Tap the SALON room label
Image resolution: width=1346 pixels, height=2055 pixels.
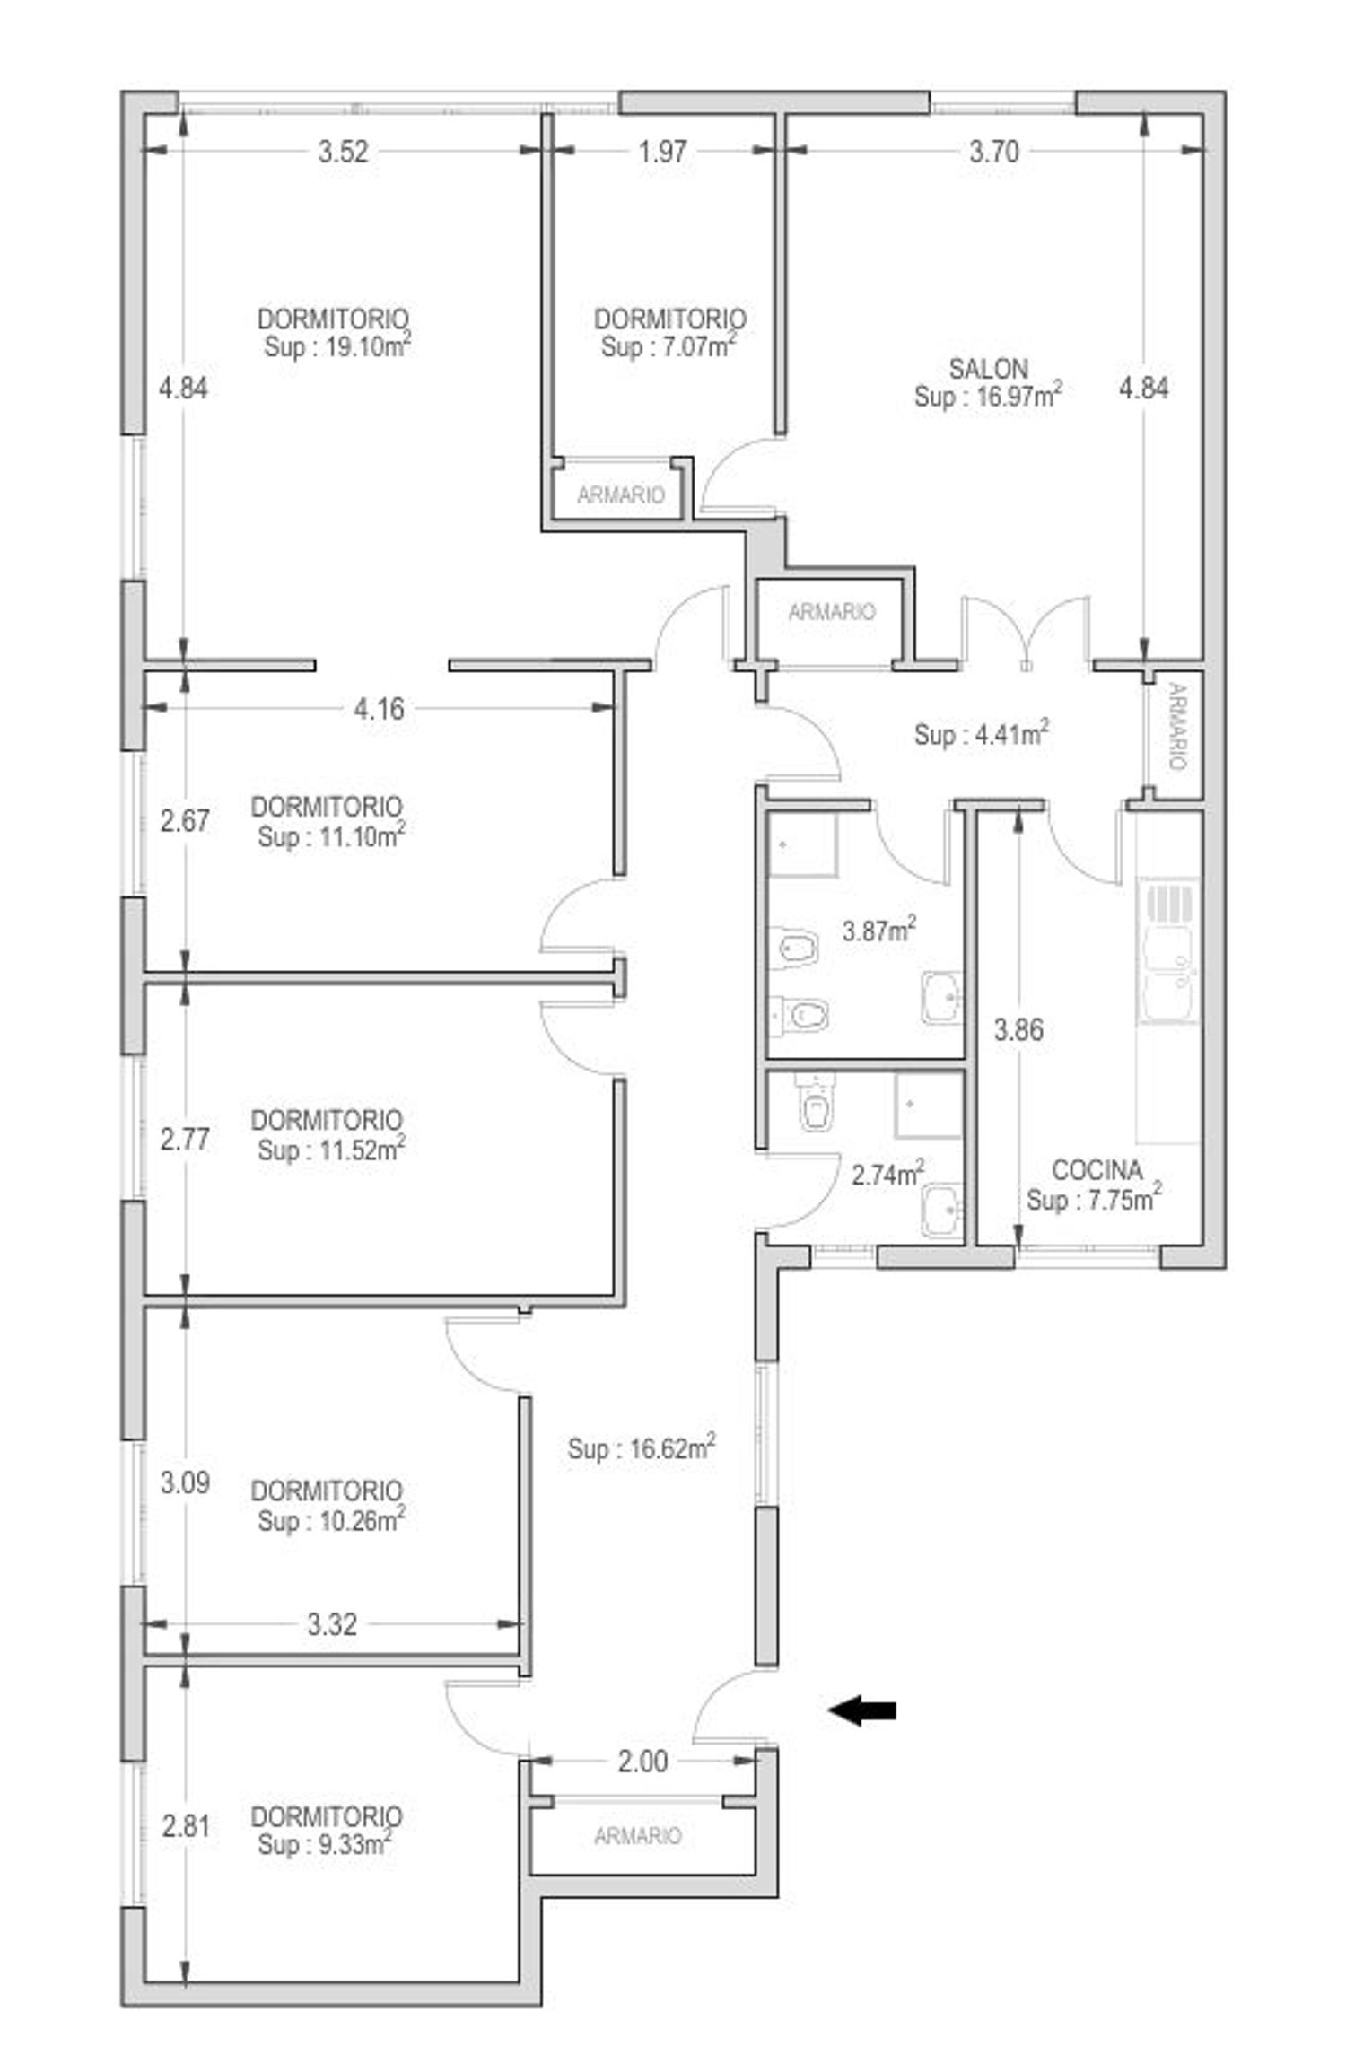click(988, 368)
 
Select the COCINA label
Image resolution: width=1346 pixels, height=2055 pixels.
click(1097, 1170)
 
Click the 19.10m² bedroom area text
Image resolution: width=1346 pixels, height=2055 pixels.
click(337, 346)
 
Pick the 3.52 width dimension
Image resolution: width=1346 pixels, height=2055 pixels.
click(343, 152)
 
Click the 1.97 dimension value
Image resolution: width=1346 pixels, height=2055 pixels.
click(662, 152)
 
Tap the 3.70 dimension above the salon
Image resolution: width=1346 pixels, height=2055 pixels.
click(993, 152)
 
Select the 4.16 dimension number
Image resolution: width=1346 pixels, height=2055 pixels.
click(379, 709)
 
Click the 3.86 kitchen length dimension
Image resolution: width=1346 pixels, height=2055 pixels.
click(1018, 1029)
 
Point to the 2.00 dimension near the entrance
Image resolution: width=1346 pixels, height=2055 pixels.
click(642, 1762)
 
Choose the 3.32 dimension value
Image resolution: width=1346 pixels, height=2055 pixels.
click(332, 1624)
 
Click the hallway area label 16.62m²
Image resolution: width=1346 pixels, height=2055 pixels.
click(642, 1448)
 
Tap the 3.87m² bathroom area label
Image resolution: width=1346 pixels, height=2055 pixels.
click(879, 931)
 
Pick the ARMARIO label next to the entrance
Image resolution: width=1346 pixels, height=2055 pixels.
click(637, 1837)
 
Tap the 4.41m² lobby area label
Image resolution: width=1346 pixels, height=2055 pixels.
click(982, 734)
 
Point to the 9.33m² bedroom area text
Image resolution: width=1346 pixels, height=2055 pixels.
click(325, 1845)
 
